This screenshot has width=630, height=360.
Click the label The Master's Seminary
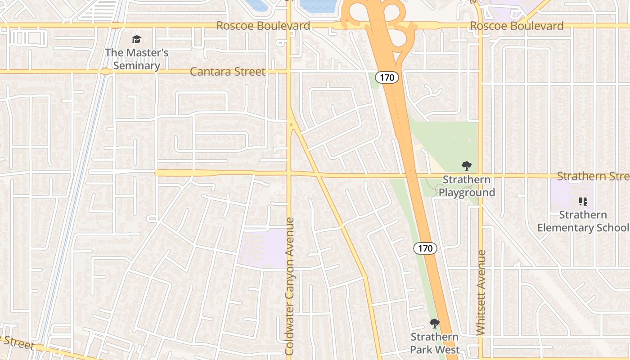[x=136, y=59]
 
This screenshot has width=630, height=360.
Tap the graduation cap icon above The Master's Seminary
[x=136, y=40]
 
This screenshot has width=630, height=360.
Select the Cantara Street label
[x=228, y=72]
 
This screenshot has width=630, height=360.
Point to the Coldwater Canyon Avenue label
[x=289, y=286]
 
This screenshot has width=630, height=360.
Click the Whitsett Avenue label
[x=481, y=292]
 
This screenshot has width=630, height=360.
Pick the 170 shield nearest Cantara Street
[x=387, y=77]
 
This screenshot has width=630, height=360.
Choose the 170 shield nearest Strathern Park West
[x=425, y=248]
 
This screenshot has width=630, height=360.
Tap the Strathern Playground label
[x=467, y=186]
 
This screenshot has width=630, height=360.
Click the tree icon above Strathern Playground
[x=467, y=166]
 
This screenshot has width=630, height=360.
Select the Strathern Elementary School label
[x=583, y=221]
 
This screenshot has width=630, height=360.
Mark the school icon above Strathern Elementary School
[x=583, y=202]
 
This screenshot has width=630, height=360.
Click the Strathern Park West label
[x=435, y=343]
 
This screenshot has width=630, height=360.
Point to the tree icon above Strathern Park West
[x=435, y=323]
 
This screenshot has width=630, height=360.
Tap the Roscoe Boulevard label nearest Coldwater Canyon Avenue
[x=263, y=26]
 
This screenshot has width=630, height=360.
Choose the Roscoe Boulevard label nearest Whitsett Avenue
[x=517, y=26]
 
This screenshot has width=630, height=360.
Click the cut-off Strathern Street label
[x=593, y=175]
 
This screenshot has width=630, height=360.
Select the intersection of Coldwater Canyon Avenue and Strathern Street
[x=289, y=173]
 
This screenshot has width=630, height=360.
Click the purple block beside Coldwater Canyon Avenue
[x=261, y=248]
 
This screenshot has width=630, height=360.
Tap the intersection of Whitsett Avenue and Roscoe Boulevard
[x=480, y=25]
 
